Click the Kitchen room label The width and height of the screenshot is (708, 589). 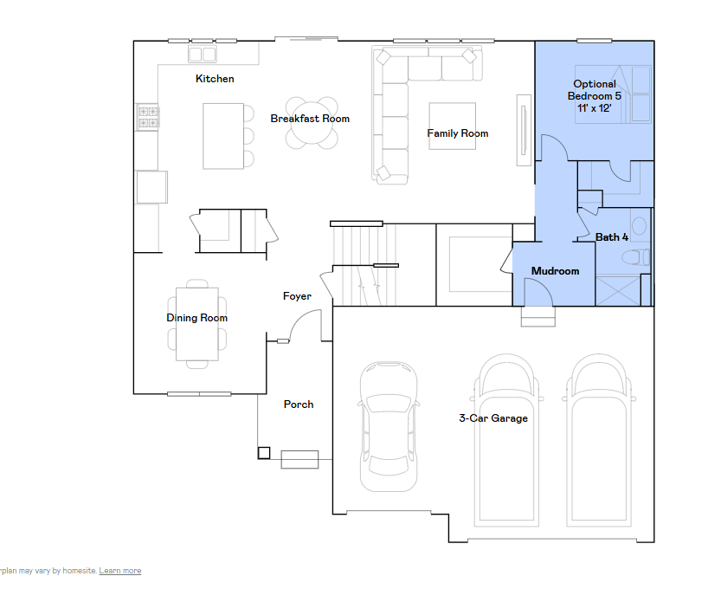pos(215,79)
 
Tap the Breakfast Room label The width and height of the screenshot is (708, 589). pos(310,119)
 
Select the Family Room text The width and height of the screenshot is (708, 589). pos(457,133)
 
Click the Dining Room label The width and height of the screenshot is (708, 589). pos(196,318)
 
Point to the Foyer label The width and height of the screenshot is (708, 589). pos(297,296)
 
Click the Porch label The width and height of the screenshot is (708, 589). pos(299,405)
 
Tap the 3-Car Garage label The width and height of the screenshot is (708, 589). pos(493,418)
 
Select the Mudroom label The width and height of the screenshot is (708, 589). pos(555,271)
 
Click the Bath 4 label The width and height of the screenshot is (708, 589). pos(612,236)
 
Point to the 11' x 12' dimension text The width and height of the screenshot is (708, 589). pos(595,108)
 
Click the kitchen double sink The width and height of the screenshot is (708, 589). pos(202,55)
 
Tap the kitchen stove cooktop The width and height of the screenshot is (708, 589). pos(148,117)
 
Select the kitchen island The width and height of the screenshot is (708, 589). pos(223,136)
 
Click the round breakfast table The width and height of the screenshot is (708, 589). pos(312,123)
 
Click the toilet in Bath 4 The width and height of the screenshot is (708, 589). pos(636,257)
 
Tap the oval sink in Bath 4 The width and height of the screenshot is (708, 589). pos(639,224)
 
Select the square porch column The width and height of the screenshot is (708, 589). pos(264,453)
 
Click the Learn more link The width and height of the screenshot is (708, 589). pos(120,571)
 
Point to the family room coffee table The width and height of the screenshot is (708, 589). pos(452,126)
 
